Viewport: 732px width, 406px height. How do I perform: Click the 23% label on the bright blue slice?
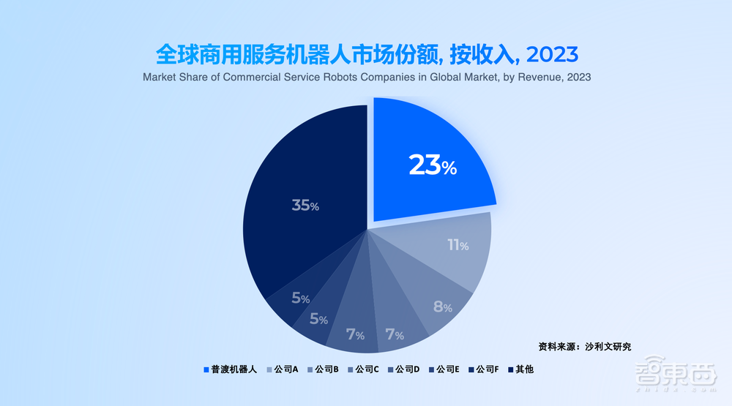pos(433,166)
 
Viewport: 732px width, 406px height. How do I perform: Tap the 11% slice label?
pos(457,245)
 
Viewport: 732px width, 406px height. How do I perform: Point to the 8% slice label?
pos(442,307)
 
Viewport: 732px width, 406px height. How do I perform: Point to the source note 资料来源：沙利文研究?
pos(584,346)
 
